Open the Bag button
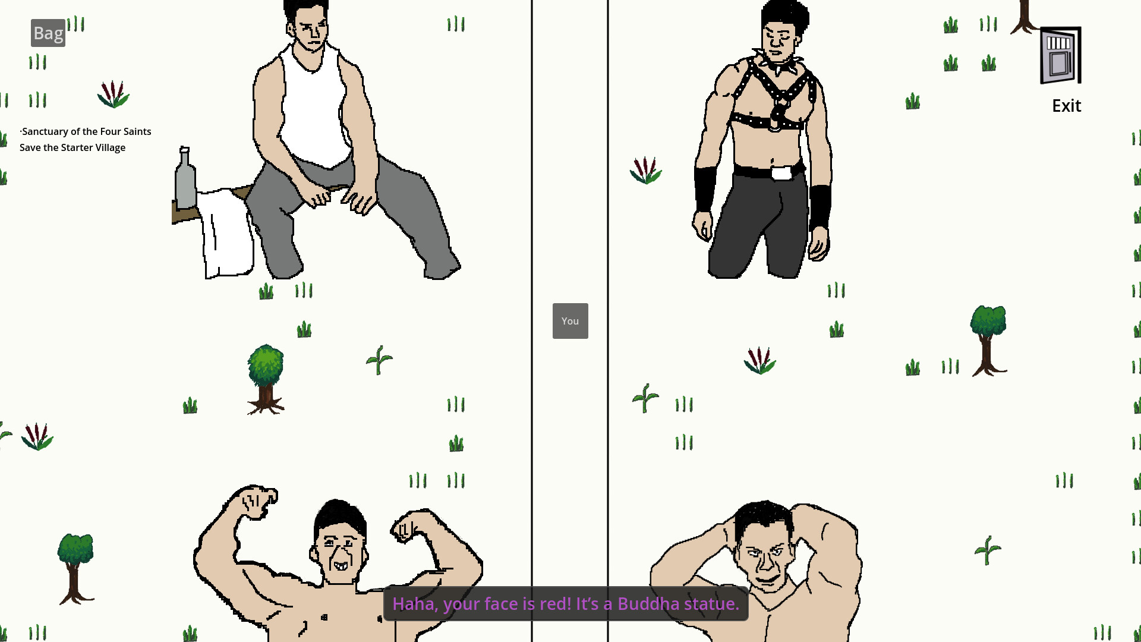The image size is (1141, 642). click(x=48, y=33)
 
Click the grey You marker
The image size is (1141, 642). click(x=570, y=321)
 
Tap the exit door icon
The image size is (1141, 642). click(x=1061, y=55)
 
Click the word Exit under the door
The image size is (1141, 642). click(x=1067, y=106)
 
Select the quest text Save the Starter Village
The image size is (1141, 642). click(x=73, y=147)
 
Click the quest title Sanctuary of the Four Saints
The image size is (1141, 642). click(x=87, y=131)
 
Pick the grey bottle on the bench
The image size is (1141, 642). click(x=185, y=178)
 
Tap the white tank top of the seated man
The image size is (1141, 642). click(x=314, y=107)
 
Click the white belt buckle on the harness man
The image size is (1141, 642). click(x=781, y=174)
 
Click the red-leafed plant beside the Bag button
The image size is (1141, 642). click(x=114, y=95)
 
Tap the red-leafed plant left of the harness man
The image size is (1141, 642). click(x=646, y=170)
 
